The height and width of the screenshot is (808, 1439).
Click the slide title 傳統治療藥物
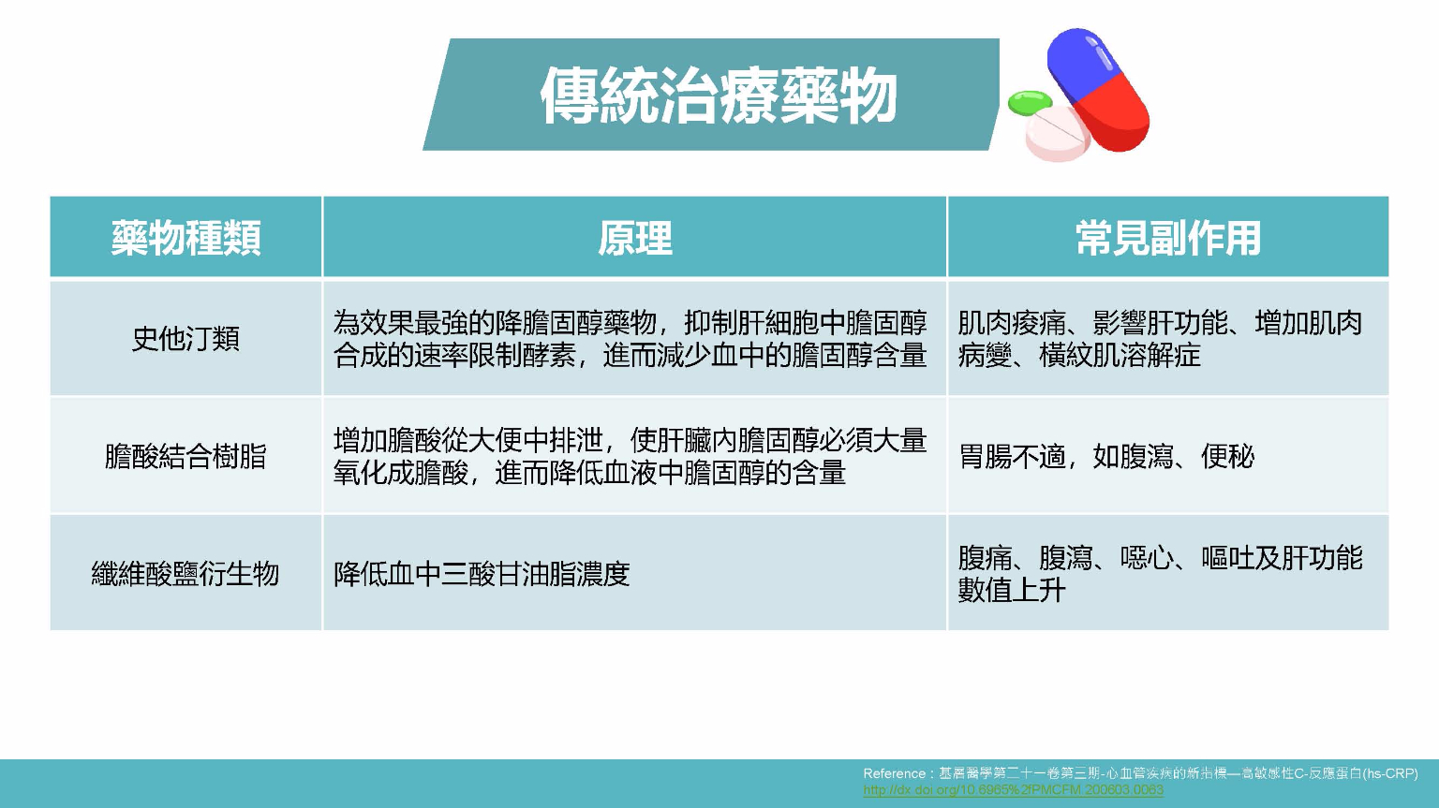click(719, 95)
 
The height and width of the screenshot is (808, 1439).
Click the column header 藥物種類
click(185, 238)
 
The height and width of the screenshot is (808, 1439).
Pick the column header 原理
click(634, 238)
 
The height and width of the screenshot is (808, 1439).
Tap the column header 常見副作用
click(1167, 238)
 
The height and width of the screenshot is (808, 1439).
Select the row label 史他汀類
click(185, 338)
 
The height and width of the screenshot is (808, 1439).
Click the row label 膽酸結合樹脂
click(185, 456)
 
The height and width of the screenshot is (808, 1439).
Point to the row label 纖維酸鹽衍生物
click(185, 573)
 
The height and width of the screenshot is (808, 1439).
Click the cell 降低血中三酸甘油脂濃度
click(482, 574)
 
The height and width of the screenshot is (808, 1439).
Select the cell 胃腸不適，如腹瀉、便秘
click(1105, 457)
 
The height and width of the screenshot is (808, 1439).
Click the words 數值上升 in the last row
click(1012, 590)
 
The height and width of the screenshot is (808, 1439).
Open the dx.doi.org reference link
click(1013, 789)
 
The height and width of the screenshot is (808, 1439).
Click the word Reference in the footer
click(894, 773)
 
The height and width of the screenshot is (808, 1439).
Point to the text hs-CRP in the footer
click(1390, 773)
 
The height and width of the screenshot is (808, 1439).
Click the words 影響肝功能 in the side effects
click(1160, 323)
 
